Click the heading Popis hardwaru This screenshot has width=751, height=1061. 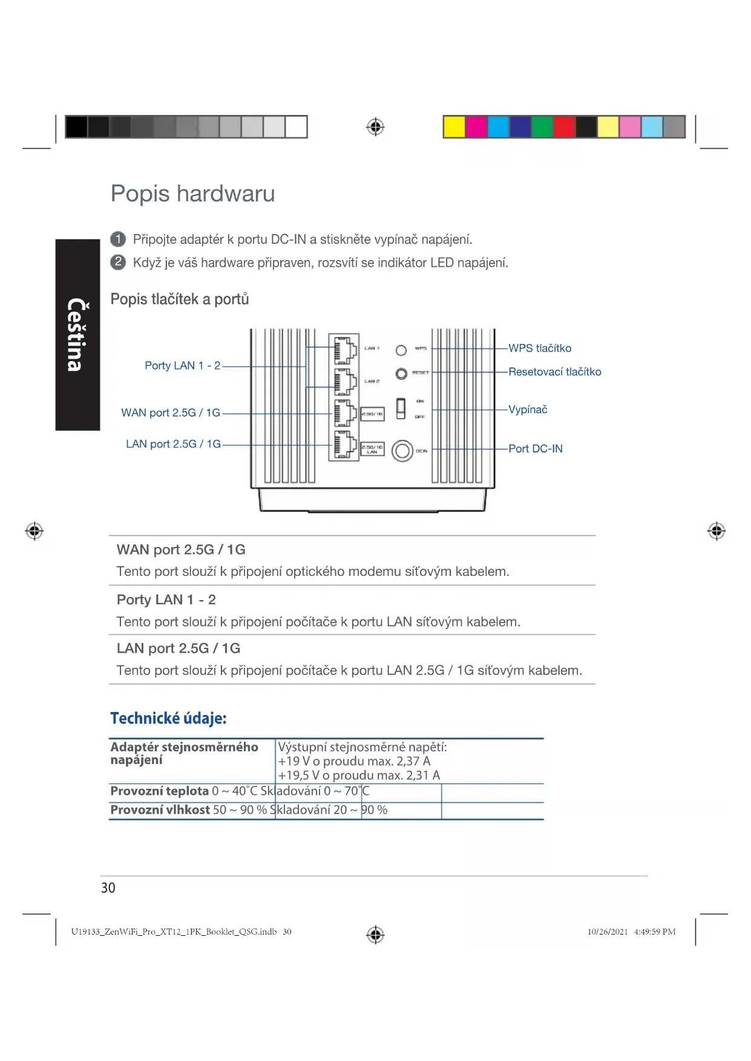(x=192, y=194)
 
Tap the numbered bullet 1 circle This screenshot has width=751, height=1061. (x=118, y=239)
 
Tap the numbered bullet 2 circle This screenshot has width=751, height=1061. (x=118, y=262)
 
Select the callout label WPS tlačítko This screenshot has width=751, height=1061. (x=539, y=348)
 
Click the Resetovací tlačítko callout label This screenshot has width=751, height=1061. (x=554, y=372)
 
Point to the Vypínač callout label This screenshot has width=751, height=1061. (x=528, y=410)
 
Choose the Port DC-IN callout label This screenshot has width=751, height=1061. (x=535, y=449)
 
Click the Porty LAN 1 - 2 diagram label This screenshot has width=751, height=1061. (x=182, y=366)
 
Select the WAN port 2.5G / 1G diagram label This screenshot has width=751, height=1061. (x=171, y=413)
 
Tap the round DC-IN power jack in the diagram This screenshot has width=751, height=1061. (x=402, y=451)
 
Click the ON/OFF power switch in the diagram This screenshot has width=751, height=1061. (x=401, y=408)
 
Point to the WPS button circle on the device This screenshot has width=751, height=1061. (x=401, y=350)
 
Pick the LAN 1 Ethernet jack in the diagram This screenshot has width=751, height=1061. (x=344, y=350)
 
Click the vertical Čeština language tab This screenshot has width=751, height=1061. (x=77, y=335)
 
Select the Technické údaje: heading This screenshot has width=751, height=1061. (x=168, y=719)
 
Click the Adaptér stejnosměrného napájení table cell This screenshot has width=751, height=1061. (x=184, y=754)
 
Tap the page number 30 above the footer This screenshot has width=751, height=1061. (x=108, y=888)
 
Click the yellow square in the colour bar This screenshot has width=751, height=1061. (x=454, y=127)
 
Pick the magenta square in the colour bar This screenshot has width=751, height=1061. (x=476, y=127)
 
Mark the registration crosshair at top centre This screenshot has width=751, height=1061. (x=375, y=127)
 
